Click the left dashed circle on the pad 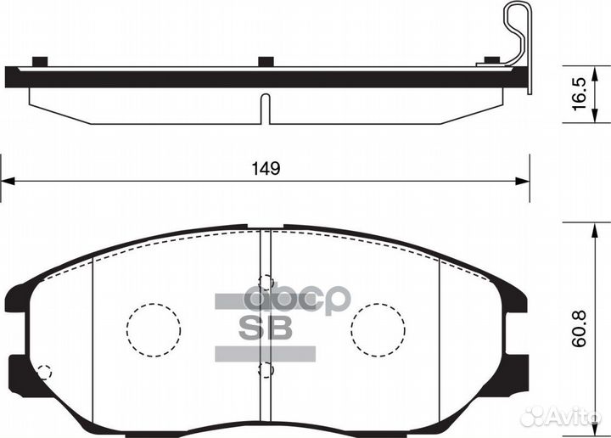pos(154,332)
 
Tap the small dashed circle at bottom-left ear pos(44,372)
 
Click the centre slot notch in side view pos(264,109)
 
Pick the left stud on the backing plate pos(38,60)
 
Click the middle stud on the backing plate pos(266,60)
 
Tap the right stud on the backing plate pos(490,60)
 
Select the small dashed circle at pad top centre pos(267,284)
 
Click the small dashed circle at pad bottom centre pos(267,369)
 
